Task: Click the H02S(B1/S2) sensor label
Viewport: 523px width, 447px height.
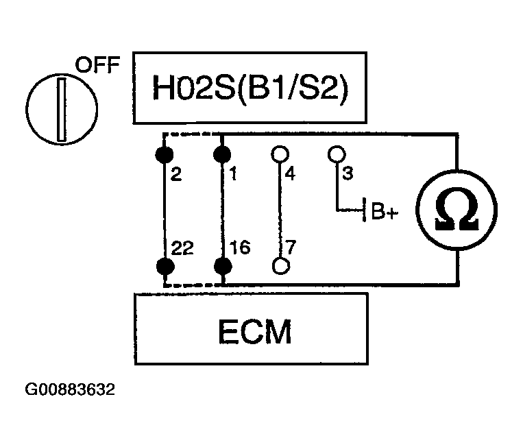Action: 250,88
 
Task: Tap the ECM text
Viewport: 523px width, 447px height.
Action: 254,331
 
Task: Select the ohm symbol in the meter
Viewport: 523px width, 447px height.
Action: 457,210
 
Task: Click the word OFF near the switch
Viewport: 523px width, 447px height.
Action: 97,64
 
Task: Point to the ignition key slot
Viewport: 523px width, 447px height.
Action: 62,110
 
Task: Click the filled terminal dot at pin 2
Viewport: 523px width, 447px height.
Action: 165,154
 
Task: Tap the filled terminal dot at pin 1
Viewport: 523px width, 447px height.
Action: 222,154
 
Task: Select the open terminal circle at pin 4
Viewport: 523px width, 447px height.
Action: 280,154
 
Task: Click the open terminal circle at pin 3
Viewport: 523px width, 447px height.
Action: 337,154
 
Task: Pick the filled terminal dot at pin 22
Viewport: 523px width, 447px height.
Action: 165,266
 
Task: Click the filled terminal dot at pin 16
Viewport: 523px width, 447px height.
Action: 223,266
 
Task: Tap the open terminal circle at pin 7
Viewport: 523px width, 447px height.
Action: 281,265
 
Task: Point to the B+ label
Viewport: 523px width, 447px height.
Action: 385,211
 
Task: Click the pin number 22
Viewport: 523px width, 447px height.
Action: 182,248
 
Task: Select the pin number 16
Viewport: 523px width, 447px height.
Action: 240,247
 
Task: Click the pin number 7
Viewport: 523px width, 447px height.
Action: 291,247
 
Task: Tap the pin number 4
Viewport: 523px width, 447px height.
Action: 290,174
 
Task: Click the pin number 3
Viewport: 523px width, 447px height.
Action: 348,173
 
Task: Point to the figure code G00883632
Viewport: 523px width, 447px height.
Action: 70,389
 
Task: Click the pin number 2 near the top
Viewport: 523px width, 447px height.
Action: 176,174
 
